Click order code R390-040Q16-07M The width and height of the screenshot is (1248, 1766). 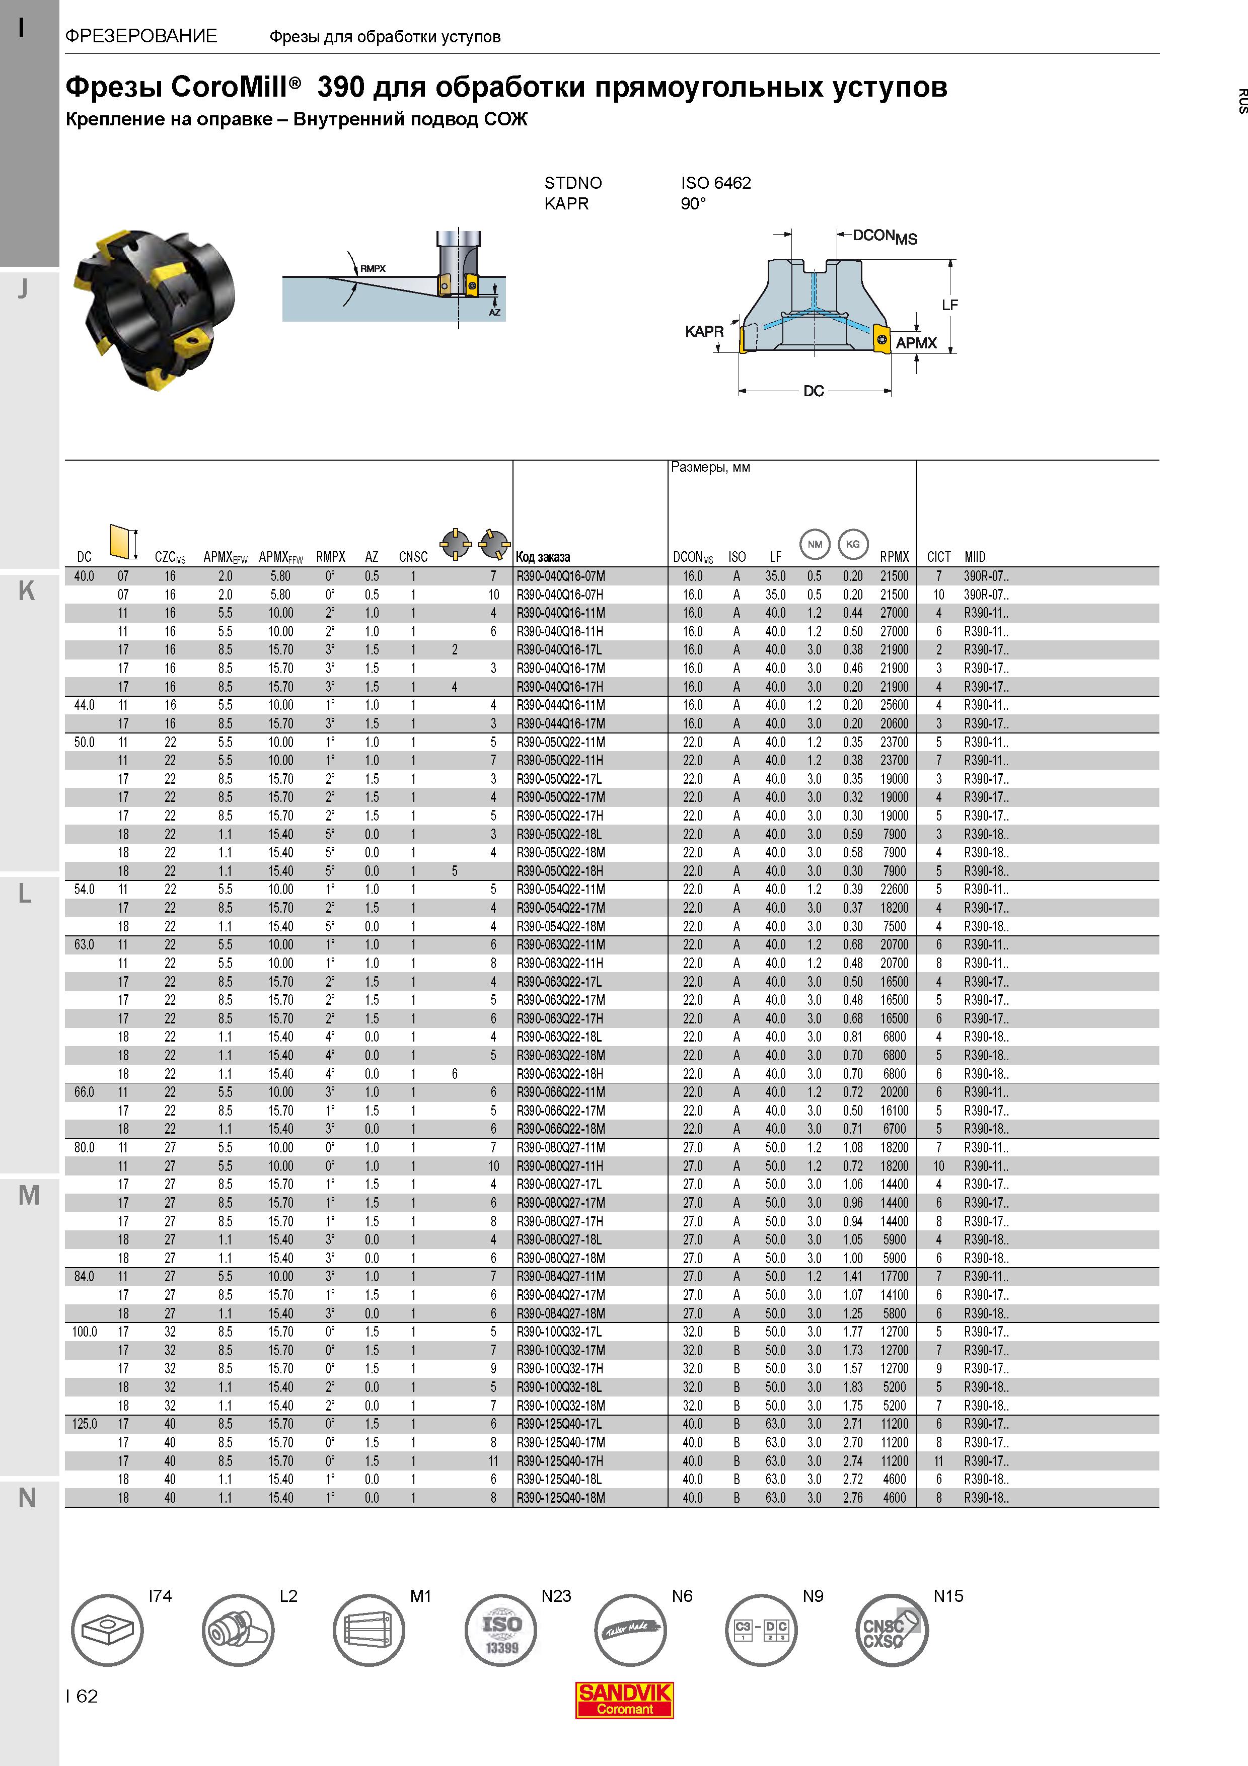(x=560, y=576)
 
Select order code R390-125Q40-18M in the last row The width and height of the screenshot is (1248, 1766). (x=560, y=1498)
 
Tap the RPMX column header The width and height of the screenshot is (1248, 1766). (x=894, y=557)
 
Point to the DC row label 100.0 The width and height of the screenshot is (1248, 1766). (x=85, y=1332)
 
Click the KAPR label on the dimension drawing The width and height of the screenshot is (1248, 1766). (x=704, y=332)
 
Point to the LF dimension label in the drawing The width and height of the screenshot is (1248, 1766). (x=949, y=306)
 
